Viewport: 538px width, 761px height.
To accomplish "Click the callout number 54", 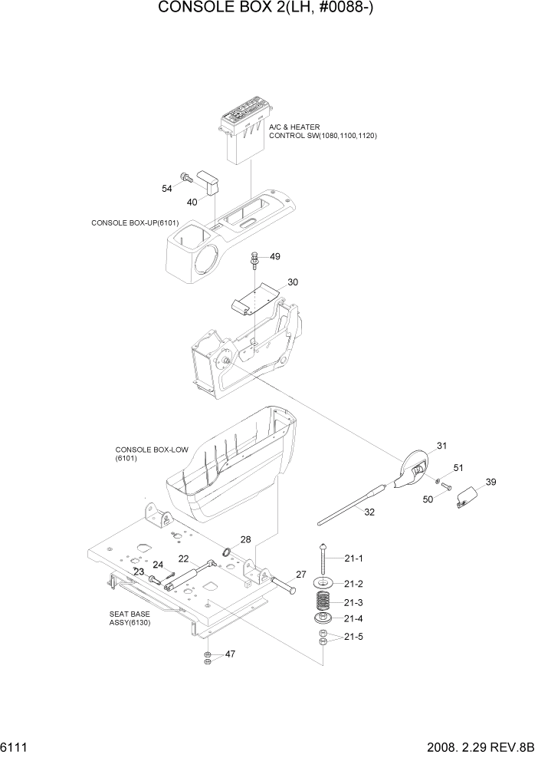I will tap(166, 188).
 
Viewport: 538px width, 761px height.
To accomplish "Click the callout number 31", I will tap(441, 446).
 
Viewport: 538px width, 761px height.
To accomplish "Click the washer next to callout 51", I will tap(437, 481).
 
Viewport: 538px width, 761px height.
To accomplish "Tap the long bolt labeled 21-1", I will tap(324, 558).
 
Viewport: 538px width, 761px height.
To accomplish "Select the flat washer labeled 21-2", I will tap(325, 584).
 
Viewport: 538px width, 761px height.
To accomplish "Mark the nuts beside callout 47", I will tap(207, 657).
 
